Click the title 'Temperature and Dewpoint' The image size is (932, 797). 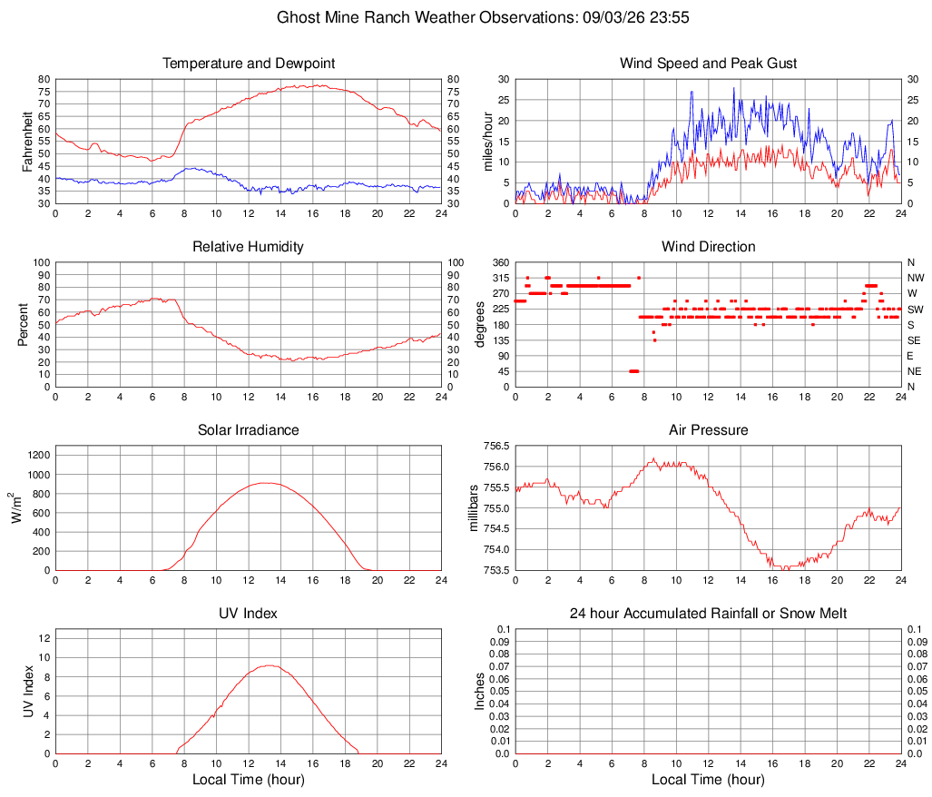tap(249, 64)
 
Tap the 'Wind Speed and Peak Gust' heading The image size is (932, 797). tap(708, 64)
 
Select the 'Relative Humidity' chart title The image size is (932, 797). tap(248, 247)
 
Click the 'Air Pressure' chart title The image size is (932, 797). tap(708, 430)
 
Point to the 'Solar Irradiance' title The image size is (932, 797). tap(248, 430)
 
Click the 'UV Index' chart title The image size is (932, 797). tap(248, 614)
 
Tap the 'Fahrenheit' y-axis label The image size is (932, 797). tap(27, 142)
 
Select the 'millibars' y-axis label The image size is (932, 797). tap(474, 508)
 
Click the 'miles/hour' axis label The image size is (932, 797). tap(488, 142)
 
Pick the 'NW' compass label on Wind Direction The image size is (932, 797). tap(916, 278)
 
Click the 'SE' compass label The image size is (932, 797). tap(914, 340)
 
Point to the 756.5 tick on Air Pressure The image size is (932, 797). tap(496, 447)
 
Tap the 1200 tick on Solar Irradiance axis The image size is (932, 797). tap(39, 456)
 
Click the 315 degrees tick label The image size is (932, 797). tap(501, 278)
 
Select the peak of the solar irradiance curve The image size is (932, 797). tap(265, 483)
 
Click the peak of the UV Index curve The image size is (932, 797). tap(270, 665)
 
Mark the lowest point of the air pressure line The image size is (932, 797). tap(785, 569)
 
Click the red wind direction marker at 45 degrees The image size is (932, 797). tap(633, 371)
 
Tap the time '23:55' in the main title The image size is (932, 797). tap(670, 17)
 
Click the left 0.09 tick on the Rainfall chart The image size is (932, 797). tap(499, 642)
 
